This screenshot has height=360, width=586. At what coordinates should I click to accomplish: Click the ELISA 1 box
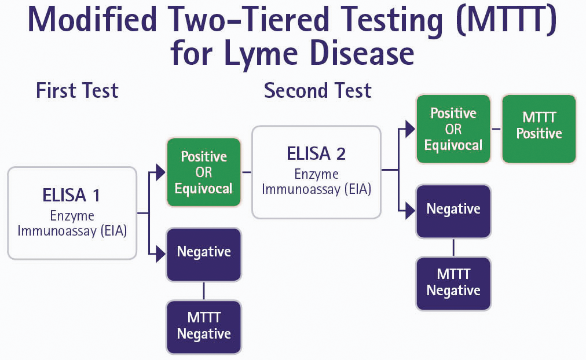[72, 212]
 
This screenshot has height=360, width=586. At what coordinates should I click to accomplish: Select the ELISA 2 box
[316, 171]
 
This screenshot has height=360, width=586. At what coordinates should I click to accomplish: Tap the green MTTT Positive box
[539, 128]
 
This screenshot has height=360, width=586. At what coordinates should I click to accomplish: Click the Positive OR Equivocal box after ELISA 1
[203, 172]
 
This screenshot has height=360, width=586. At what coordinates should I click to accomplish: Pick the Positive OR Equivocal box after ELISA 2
[453, 128]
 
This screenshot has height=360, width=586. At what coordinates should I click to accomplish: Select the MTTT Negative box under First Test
[203, 326]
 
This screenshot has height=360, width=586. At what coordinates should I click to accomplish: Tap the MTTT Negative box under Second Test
[453, 282]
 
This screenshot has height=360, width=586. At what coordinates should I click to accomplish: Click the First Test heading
[77, 91]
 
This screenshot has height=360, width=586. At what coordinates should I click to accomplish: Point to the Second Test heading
[317, 91]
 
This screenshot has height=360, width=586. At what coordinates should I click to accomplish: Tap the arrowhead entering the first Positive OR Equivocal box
[160, 172]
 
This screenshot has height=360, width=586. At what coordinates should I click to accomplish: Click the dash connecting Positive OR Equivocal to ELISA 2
[246, 172]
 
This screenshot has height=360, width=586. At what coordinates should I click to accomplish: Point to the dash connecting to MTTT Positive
[496, 128]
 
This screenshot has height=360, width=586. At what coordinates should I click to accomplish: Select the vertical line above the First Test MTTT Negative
[203, 291]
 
